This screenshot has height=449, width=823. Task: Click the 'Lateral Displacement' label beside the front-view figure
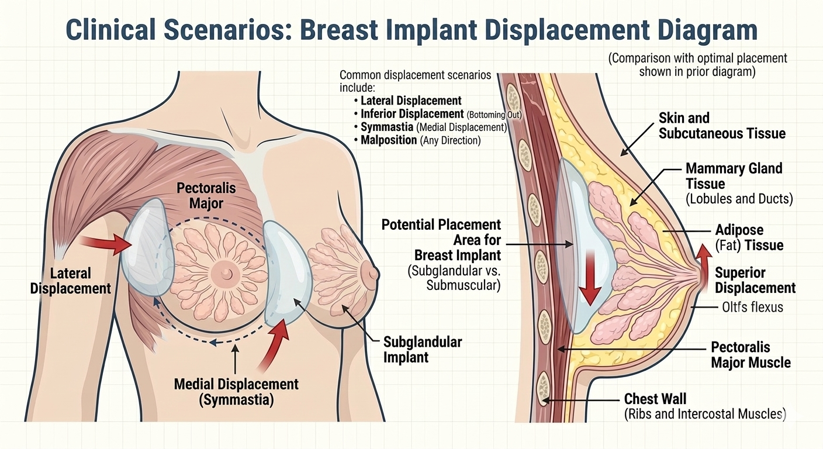70,281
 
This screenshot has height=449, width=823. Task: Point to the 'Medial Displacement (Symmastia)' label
236,392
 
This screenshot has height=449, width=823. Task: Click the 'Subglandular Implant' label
422,349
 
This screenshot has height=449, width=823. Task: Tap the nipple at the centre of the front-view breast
221,272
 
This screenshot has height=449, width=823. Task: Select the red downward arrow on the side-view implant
590,275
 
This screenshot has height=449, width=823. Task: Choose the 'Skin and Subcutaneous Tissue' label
722,126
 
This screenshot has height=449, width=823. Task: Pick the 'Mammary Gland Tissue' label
734,176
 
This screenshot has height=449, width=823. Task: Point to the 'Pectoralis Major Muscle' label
751,354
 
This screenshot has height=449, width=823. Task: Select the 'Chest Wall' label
655,399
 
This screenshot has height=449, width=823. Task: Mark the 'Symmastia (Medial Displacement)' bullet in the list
433,127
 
